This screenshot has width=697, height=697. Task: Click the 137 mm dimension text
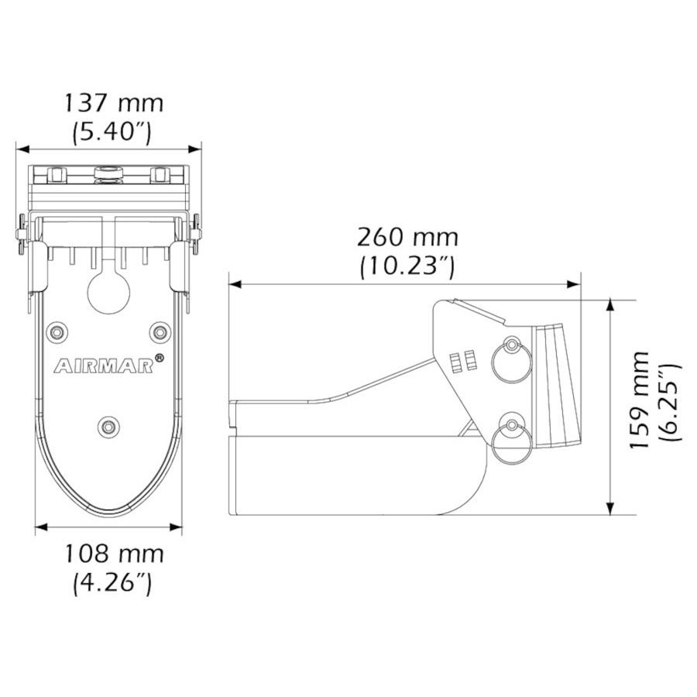point(113,103)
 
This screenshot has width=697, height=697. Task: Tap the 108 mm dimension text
point(113,554)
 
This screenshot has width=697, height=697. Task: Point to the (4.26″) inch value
point(113,582)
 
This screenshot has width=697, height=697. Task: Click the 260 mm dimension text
point(407,236)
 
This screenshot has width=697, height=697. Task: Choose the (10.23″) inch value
point(407,266)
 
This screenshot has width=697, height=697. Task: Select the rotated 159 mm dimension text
point(639,400)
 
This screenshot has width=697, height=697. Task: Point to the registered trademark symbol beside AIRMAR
point(159,358)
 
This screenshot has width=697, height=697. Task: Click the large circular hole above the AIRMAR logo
point(109,291)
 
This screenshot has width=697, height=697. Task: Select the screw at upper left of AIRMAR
point(57,332)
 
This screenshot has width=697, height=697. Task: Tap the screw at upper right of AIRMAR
point(160,332)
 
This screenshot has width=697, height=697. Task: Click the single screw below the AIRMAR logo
point(109,425)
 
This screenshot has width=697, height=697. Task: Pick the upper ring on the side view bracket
point(512,361)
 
